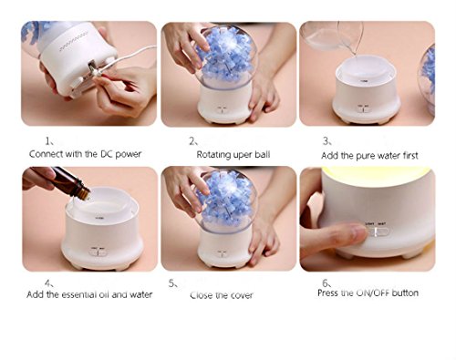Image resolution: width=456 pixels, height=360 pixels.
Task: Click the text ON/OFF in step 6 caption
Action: pyautogui.click(x=372, y=293)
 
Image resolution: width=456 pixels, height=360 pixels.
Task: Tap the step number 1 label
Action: pyautogui.click(x=48, y=141)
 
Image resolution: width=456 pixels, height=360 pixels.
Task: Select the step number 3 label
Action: pyautogui.click(x=326, y=141)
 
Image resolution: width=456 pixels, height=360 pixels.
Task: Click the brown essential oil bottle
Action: pyautogui.click(x=70, y=181)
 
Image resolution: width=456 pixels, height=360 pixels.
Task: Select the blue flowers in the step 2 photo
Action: pyautogui.click(x=225, y=55)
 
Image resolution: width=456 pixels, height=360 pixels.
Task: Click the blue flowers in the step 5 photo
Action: pyautogui.click(x=226, y=201)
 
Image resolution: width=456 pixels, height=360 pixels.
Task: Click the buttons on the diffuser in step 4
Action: pyautogui.click(x=98, y=252)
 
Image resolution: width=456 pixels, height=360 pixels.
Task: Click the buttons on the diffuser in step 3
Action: pyautogui.click(x=363, y=108)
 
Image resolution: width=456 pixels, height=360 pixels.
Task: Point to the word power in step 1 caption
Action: pyautogui.click(x=128, y=154)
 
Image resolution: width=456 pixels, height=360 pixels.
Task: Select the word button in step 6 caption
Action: pyautogui.click(x=405, y=293)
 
